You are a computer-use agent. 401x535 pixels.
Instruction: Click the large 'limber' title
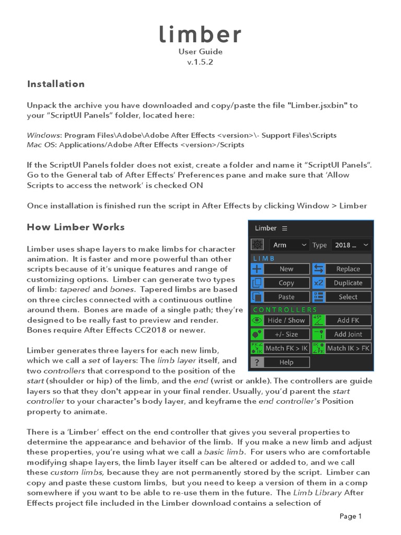200,35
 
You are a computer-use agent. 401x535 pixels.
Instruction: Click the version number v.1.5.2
200,62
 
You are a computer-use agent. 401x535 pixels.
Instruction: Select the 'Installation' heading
56,84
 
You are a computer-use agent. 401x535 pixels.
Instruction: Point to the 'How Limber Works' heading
76,227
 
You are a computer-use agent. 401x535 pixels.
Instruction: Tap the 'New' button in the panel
286,269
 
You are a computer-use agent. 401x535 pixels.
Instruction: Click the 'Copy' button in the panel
286,283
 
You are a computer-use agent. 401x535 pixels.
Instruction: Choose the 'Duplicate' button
348,283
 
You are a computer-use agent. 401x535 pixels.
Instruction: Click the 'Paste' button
286,297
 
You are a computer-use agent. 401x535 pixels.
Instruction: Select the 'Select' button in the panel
348,297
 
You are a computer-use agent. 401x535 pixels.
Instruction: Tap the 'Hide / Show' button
286,320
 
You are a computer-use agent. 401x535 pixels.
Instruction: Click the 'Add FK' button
348,320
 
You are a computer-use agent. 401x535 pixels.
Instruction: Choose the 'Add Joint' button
348,334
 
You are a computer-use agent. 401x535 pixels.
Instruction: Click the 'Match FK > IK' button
286,348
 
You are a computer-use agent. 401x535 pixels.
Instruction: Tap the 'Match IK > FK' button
348,348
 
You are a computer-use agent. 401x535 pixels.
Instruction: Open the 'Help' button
286,362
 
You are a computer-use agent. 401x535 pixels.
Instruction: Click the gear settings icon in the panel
257,245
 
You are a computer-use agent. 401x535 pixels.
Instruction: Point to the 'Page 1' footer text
351,516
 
